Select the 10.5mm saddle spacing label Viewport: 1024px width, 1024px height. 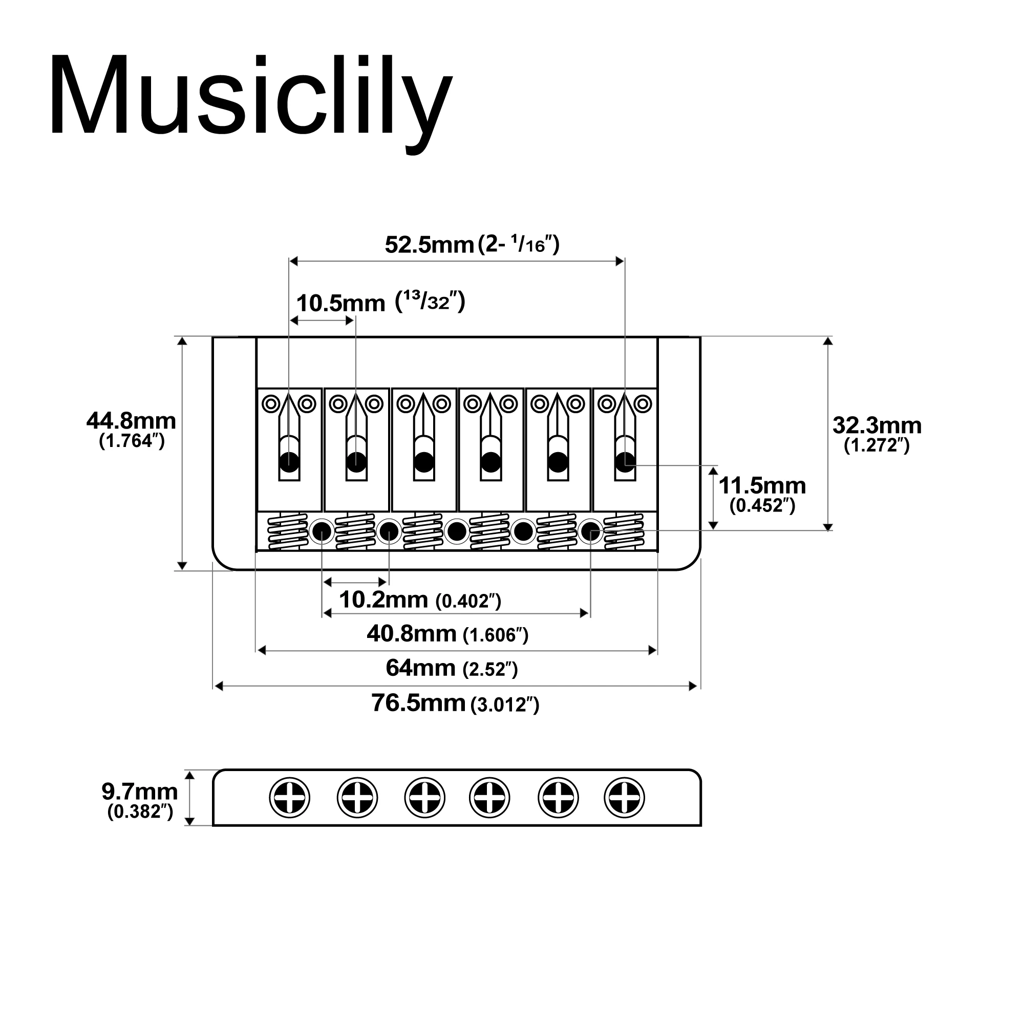[340, 304]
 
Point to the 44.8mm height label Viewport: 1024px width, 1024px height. [131, 421]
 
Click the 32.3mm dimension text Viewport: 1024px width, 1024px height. [877, 425]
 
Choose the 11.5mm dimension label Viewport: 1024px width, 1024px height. [762, 485]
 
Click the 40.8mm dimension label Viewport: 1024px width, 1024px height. [411, 633]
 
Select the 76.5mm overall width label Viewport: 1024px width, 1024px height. [418, 703]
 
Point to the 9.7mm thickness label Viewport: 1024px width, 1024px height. [139, 792]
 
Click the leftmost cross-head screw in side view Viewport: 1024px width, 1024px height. [289, 798]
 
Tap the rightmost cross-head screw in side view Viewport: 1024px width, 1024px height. [624, 798]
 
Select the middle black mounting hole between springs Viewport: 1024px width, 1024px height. [456, 530]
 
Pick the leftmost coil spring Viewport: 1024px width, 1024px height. [287, 531]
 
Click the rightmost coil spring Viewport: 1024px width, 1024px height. [624, 531]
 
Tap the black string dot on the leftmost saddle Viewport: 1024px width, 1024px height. [289, 462]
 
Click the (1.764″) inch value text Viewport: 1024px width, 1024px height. [132, 441]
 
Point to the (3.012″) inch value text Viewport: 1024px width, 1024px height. [505, 706]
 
